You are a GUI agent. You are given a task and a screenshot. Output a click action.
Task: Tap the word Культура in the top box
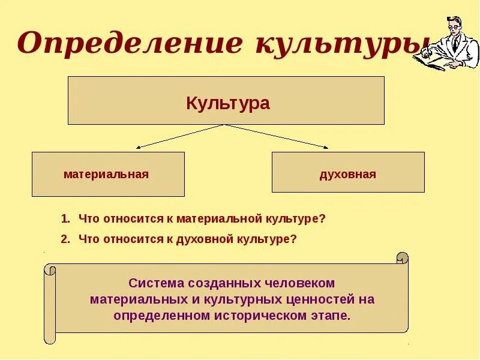[x=228, y=103]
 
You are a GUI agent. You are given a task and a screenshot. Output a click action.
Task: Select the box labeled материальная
[x=108, y=174]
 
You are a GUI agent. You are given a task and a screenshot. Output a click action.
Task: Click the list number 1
[x=64, y=219]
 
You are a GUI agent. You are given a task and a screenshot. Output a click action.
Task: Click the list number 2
[x=64, y=239]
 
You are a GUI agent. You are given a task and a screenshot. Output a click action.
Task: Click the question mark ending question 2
[x=294, y=239]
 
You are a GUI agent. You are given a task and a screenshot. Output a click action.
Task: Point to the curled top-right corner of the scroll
[x=402, y=258]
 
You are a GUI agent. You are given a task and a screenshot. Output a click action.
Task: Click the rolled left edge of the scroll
[x=50, y=303]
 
